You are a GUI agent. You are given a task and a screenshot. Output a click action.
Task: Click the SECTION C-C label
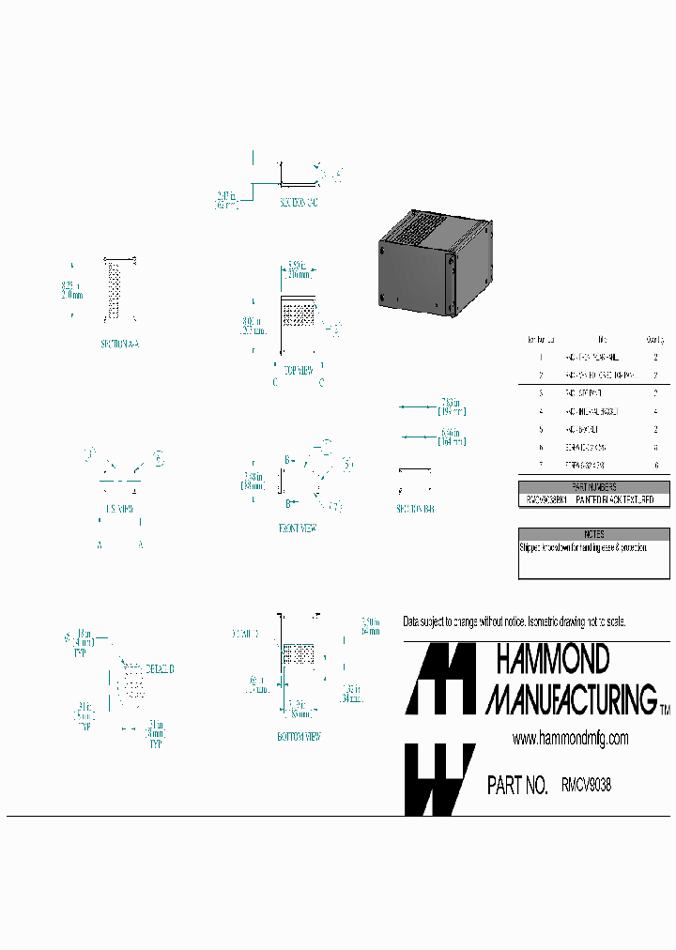coord(299,204)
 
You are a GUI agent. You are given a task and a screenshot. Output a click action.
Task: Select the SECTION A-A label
coord(119,345)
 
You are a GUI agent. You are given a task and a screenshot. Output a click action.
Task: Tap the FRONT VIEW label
coord(298,529)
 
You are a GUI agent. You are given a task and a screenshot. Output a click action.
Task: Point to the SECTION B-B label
coord(416,508)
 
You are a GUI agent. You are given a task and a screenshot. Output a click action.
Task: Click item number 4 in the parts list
coord(542,411)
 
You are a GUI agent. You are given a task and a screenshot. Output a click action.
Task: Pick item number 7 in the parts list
coord(542,465)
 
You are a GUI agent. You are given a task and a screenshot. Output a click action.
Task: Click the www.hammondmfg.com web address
coord(570,739)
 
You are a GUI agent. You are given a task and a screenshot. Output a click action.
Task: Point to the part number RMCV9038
coord(586,786)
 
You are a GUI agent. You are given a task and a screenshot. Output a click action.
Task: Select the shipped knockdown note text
coord(582,546)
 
